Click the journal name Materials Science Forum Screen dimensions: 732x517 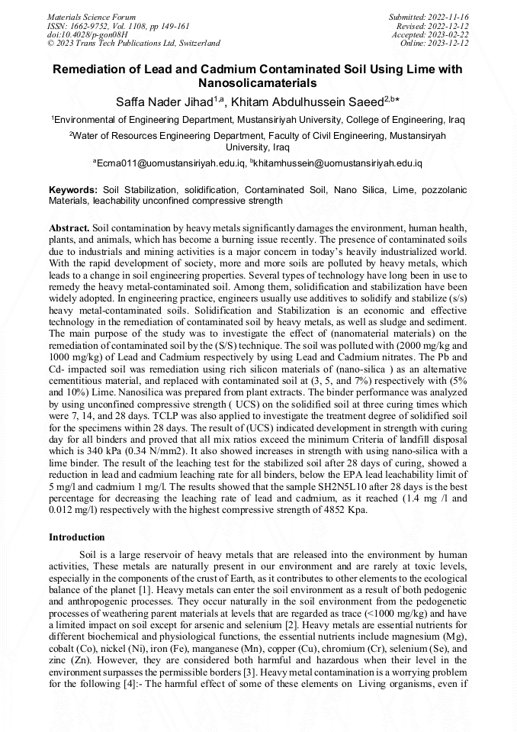92,16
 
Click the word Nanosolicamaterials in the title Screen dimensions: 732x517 257,82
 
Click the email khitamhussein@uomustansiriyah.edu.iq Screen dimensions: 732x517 341,163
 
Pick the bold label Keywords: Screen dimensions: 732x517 73,189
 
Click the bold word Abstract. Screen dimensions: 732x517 69,228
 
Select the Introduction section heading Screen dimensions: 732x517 76,537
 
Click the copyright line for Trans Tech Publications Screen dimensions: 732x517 133,44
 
